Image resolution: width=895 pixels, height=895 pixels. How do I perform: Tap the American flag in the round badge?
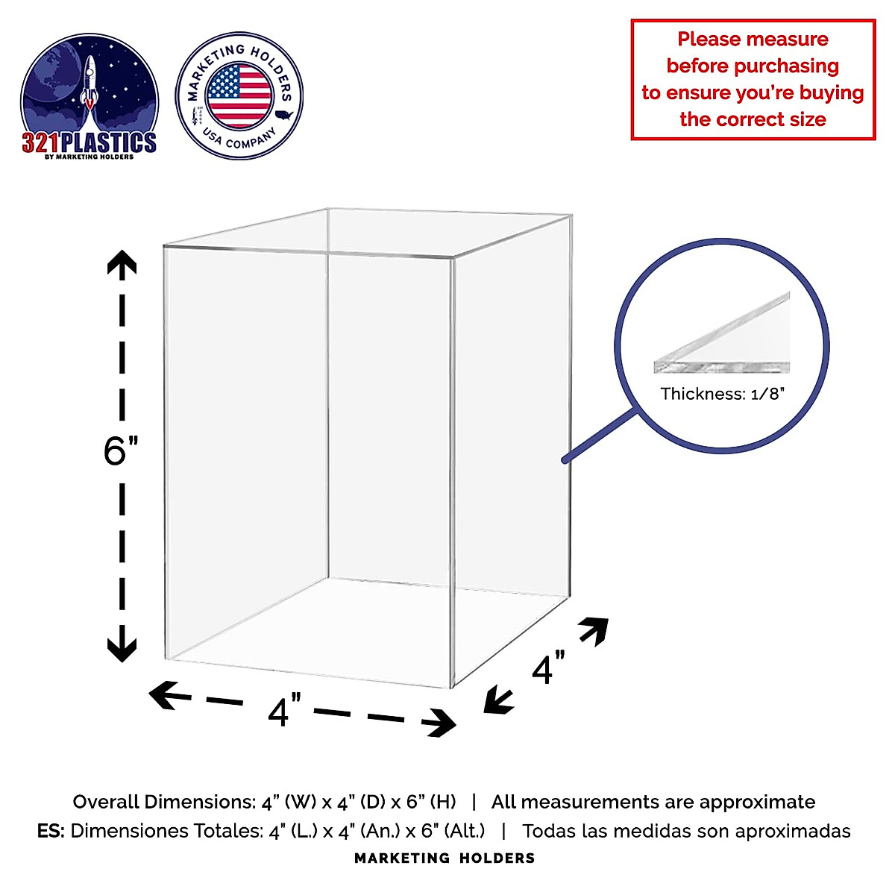[239, 96]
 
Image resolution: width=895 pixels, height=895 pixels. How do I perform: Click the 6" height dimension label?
[120, 450]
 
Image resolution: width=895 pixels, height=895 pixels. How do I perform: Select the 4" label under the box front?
[283, 710]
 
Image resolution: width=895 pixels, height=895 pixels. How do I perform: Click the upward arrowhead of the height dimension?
[122, 263]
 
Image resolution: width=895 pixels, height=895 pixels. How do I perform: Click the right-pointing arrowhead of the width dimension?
[443, 723]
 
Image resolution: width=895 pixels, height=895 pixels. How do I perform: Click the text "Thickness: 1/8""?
[723, 394]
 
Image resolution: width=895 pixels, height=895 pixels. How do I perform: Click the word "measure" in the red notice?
[790, 40]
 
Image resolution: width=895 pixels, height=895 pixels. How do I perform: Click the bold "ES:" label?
[51, 831]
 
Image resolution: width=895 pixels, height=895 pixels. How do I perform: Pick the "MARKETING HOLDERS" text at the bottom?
[445, 858]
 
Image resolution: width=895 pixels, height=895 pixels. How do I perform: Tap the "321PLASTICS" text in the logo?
[89, 142]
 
